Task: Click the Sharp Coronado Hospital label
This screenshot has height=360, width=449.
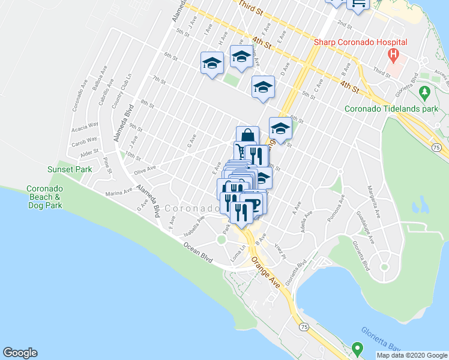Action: [361, 43]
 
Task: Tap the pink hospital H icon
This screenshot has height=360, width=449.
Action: [393, 57]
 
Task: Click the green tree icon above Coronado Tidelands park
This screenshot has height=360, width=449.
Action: [425, 92]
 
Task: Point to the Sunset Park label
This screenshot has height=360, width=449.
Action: [70, 169]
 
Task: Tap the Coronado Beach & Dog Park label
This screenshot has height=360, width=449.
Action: [44, 197]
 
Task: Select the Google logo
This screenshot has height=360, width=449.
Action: [20, 353]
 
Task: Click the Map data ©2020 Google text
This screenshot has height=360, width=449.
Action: [412, 355]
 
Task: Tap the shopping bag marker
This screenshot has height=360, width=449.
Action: [247, 135]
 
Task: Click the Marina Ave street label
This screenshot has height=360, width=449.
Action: [118, 193]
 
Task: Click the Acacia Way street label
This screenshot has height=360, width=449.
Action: [85, 125]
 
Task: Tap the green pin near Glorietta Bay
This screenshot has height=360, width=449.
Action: [358, 347]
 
